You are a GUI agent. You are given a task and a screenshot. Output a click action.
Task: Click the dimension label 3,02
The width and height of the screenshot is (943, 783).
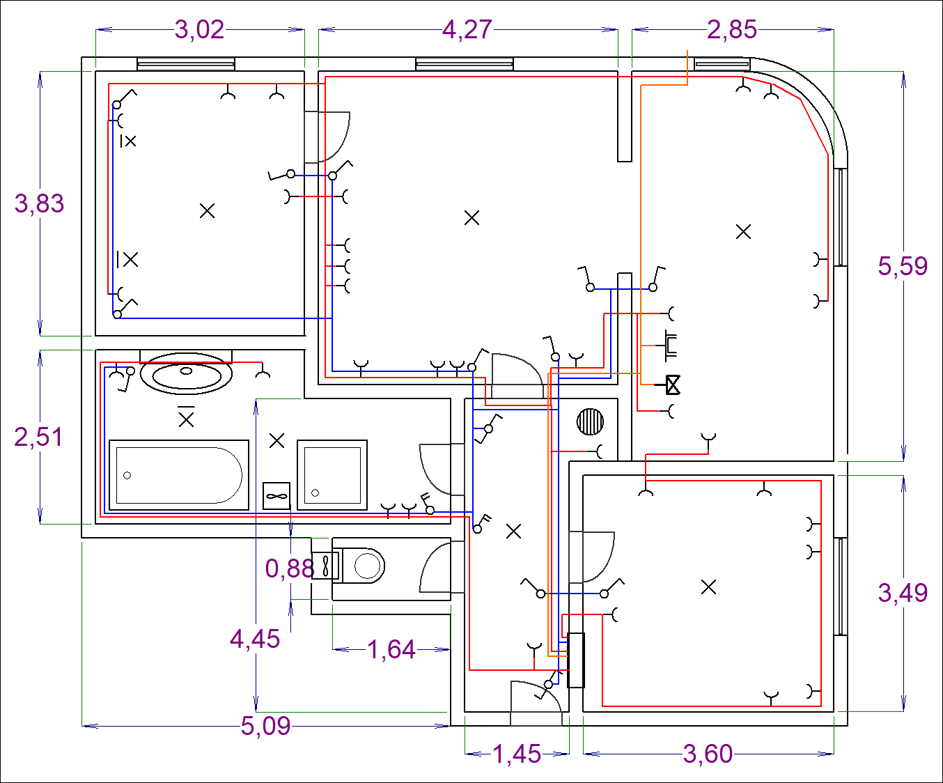199,30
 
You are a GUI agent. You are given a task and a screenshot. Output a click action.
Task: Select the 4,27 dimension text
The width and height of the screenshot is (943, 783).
467,30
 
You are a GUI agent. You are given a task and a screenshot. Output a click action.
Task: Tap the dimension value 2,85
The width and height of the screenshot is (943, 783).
732,30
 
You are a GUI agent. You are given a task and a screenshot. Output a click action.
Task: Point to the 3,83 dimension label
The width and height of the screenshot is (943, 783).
39,203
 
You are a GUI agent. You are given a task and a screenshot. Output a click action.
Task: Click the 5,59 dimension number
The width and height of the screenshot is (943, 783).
903,266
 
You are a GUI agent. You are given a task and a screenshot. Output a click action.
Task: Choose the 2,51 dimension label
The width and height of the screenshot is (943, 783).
38,437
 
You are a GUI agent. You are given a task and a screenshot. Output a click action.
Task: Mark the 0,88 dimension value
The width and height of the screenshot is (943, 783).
290,568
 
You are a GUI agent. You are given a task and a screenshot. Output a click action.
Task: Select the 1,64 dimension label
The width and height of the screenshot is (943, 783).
391,650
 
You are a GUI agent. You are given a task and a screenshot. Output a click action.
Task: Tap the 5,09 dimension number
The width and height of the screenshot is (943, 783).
265,726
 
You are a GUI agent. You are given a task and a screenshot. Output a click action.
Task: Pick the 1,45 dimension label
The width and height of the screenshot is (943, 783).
517,754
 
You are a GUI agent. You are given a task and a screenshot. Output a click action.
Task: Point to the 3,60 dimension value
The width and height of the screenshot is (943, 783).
708,754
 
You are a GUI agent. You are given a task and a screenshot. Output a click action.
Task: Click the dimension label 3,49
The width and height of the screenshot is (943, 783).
903,593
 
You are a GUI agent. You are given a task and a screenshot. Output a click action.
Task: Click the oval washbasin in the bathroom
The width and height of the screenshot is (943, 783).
186,373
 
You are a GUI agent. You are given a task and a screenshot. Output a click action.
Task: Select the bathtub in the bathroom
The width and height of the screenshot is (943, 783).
179,475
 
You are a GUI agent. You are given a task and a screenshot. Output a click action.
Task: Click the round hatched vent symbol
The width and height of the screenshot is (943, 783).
590,421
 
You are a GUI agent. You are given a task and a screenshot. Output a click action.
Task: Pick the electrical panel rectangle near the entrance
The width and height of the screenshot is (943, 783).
576,660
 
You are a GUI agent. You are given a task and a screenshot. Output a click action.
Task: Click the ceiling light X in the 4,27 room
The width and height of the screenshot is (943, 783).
471,218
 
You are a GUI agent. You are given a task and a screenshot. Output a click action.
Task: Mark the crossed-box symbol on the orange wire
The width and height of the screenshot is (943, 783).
673,385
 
